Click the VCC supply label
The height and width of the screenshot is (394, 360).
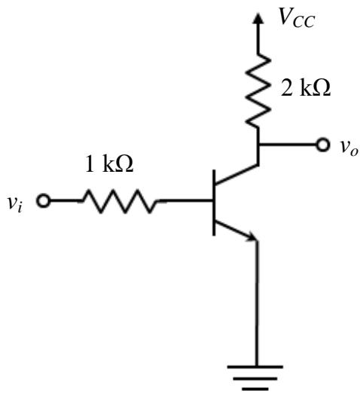(297, 18)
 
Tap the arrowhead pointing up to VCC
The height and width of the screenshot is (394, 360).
(258, 19)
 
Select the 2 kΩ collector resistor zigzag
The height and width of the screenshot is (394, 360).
(258, 91)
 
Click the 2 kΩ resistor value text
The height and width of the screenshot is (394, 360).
(306, 87)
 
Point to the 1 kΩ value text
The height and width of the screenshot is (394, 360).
(109, 163)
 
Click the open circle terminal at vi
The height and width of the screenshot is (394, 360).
(44, 201)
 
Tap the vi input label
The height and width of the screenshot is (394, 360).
(15, 204)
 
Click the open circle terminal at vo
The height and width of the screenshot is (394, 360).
(322, 145)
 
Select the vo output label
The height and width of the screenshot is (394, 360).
(349, 148)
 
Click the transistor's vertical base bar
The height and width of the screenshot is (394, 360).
(214, 203)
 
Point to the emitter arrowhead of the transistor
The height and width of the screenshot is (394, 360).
(252, 237)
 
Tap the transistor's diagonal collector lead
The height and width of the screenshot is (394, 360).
(236, 174)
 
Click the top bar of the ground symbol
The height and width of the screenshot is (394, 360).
(255, 367)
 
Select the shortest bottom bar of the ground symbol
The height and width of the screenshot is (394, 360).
(255, 389)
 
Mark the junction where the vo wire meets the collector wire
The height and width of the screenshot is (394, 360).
(258, 145)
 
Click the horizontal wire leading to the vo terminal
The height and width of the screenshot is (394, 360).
(287, 145)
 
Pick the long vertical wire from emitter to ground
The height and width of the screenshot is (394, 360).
(257, 304)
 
